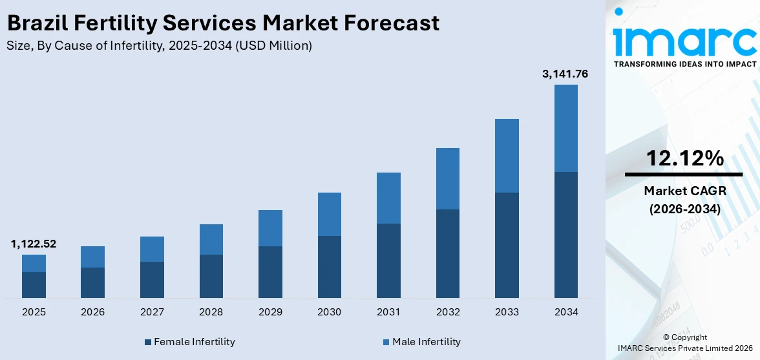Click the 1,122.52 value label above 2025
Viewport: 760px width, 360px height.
[34, 244]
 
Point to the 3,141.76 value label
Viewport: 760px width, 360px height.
[565, 74]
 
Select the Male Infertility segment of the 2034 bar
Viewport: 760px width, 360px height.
[565, 128]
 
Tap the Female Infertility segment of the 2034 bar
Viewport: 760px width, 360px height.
[565, 235]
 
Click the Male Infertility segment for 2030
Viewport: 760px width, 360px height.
[329, 214]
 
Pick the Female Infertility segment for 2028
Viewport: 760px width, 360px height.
[211, 276]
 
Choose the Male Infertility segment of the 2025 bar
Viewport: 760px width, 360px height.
[34, 263]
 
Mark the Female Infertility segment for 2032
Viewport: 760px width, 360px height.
[447, 253]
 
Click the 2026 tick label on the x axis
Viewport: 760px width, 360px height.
[93, 312]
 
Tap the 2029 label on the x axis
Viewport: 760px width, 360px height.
[270, 312]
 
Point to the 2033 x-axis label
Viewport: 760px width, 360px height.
[507, 312]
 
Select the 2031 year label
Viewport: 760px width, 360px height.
[388, 312]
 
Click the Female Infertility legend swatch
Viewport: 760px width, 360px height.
[148, 342]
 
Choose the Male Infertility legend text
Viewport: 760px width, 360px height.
[427, 341]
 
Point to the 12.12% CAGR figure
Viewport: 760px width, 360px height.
[684, 158]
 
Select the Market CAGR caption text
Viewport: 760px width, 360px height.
[684, 191]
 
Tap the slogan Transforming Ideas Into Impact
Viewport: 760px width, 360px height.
[684, 64]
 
